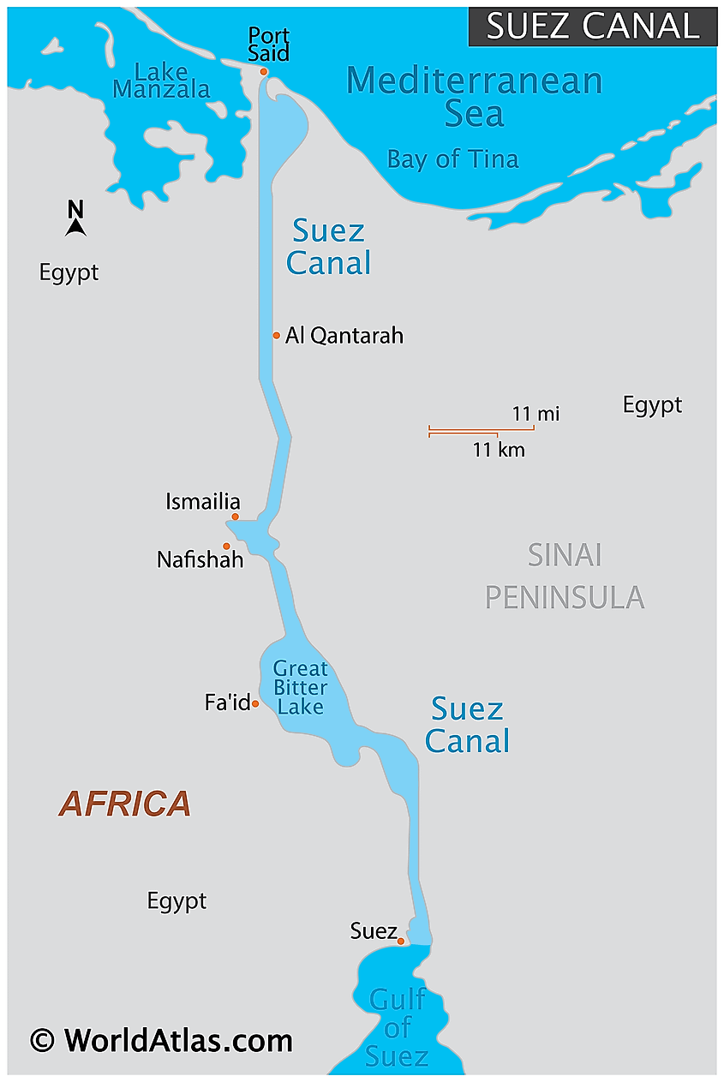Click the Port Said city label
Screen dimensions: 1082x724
268,45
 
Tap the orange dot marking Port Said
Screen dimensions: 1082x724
264,72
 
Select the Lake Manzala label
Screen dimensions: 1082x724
161,80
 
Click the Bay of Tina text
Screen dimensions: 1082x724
452,159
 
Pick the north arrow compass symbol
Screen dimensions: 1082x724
75,219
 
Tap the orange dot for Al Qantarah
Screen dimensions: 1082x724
277,335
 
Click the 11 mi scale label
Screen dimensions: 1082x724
536,414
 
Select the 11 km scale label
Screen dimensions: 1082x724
499,449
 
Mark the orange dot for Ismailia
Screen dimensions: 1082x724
235,517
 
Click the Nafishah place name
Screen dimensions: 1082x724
200,560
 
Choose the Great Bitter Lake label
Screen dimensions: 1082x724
300,687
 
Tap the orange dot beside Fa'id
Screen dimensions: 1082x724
255,704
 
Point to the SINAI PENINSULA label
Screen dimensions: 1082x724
565,576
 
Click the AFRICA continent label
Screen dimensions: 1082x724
124,804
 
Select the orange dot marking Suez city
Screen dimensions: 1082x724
400,941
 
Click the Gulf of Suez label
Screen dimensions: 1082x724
396,1027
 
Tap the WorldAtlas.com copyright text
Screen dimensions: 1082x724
161,1040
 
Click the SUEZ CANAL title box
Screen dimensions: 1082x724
592,27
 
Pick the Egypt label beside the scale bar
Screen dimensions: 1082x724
652,404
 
